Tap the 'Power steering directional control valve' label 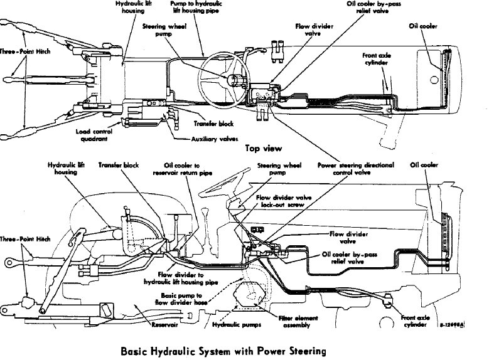click(x=357, y=169)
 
